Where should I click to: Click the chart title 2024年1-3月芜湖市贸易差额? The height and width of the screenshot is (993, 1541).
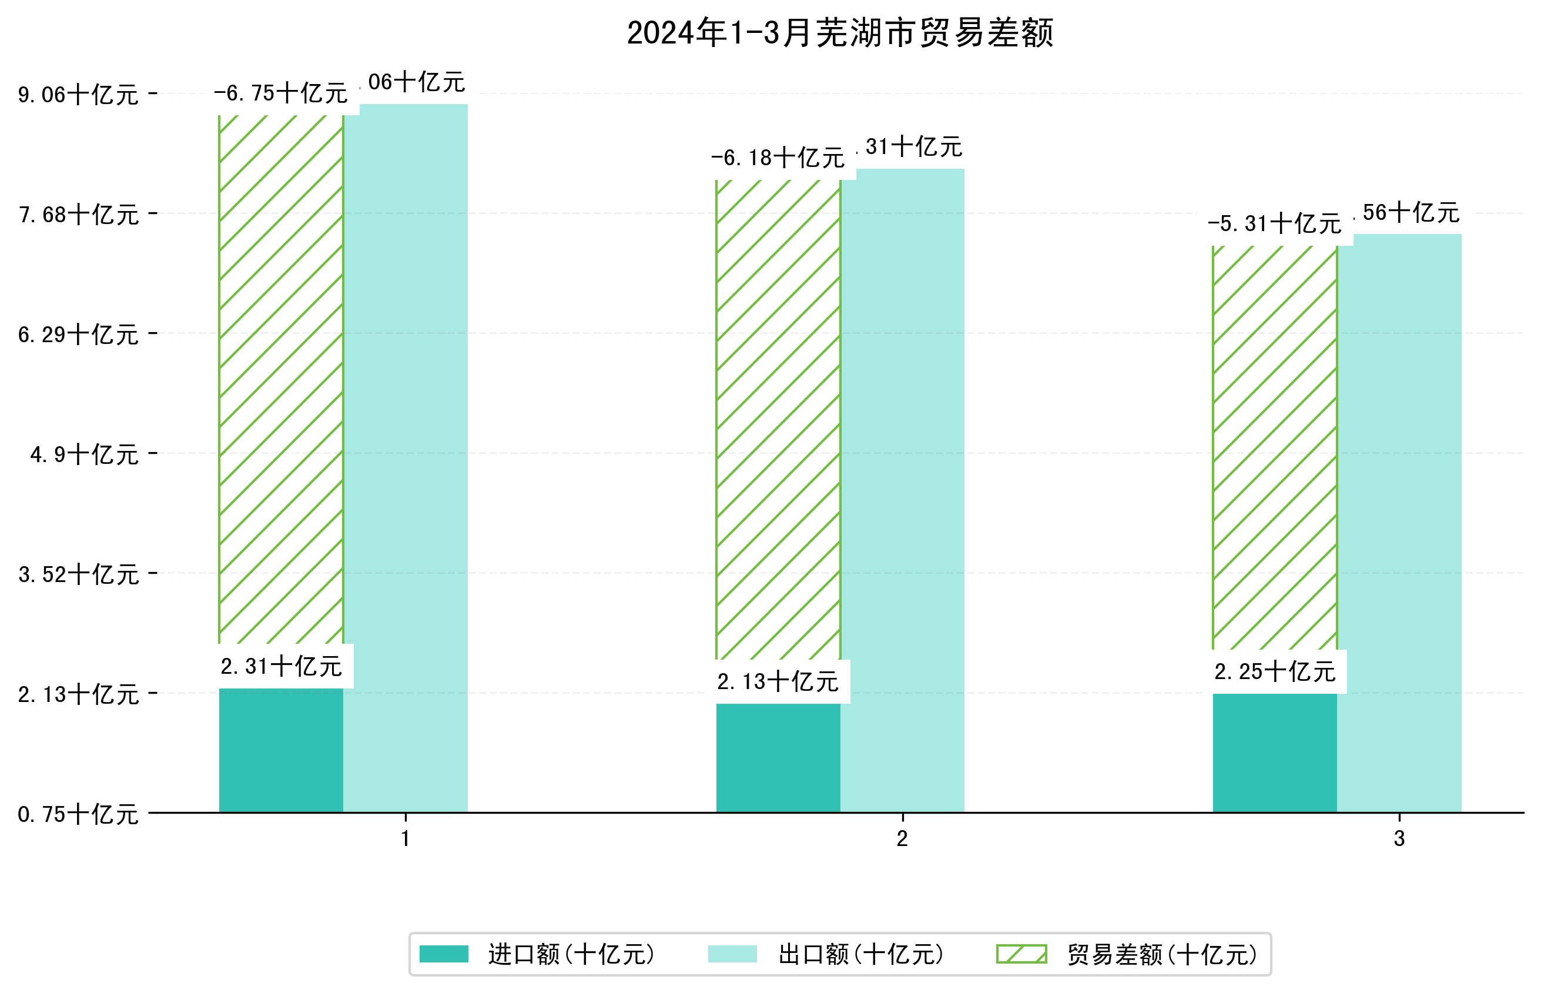coord(839,33)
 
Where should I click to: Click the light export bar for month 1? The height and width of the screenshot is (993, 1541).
coord(406,458)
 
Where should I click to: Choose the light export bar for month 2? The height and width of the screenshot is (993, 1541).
coord(902,490)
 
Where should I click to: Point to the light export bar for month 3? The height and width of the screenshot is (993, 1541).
coord(1399,522)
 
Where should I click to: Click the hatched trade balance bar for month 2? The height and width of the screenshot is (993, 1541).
coord(778,419)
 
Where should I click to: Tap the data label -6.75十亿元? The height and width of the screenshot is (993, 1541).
coord(281,93)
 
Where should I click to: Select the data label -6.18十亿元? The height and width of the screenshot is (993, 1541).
coord(778,158)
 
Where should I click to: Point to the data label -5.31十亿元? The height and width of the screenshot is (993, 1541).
coord(1274,224)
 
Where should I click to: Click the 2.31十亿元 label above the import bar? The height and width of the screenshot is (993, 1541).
coord(281,666)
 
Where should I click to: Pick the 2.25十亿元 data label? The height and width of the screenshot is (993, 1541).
coord(1274,671)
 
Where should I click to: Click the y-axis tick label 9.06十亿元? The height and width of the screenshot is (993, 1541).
coord(78,95)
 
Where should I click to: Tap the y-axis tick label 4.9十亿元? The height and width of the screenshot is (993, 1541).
coord(84,454)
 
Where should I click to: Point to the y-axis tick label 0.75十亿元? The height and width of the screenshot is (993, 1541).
coord(78,814)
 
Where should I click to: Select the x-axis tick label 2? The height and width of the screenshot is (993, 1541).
coord(902,838)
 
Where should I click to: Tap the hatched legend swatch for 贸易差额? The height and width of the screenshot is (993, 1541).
coord(1021,954)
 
